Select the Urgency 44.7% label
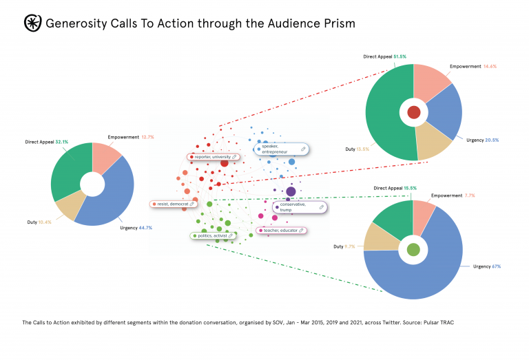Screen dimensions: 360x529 135,227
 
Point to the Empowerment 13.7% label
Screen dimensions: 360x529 131,137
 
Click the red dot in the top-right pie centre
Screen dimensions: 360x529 414,112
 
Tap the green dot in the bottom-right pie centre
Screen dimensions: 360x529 413,250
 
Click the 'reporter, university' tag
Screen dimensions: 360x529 213,157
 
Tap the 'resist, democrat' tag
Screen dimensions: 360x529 174,204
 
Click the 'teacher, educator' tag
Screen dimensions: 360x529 282,230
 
